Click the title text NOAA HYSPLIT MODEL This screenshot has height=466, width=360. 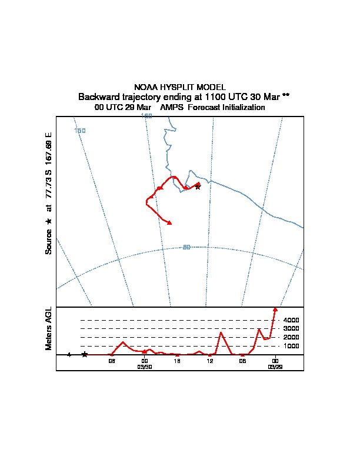tap(180, 87)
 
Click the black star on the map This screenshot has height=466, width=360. tap(198, 187)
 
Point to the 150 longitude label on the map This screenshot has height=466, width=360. tap(80, 130)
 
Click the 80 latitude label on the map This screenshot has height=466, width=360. tap(186, 247)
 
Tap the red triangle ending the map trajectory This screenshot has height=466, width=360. tap(169, 222)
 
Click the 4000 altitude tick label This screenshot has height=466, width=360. tap(291, 320)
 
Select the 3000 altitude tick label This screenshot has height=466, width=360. tap(291, 328)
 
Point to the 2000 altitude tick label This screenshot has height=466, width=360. tap(291, 337)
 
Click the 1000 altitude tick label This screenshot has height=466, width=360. tap(291, 346)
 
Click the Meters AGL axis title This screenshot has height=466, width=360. tap(49, 328)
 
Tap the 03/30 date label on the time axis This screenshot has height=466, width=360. tap(145, 367)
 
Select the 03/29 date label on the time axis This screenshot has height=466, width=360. tap(275, 367)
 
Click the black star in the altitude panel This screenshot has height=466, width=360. tap(85, 354)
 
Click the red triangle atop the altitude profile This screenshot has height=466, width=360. tap(275, 309)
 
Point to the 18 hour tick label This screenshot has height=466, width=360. tap(176, 361)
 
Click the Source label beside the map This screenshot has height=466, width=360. tap(49, 241)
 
